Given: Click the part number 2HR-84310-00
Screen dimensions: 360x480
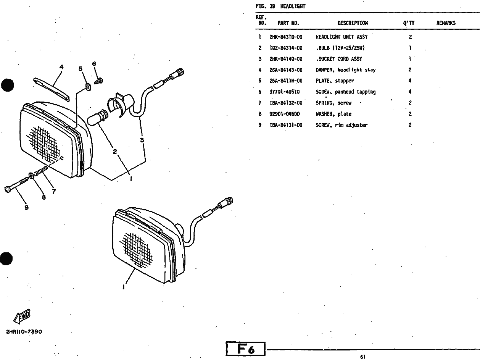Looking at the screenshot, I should [x=286, y=37].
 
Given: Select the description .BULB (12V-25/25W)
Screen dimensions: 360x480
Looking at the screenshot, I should [x=340, y=48].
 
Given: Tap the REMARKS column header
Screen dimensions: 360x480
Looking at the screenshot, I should [x=446, y=23].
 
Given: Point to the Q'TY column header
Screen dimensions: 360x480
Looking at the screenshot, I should [x=409, y=23].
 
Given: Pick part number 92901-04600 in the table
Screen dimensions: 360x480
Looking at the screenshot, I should [x=284, y=114].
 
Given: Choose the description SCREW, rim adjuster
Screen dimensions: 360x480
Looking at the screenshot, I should [x=341, y=125].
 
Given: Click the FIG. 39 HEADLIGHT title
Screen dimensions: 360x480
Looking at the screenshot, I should [x=280, y=6].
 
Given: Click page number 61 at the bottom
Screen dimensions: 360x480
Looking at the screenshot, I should [x=362, y=357].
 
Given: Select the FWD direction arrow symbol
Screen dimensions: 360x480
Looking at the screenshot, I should [x=23, y=316].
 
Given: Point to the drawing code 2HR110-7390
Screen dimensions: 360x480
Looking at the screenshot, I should [x=24, y=331].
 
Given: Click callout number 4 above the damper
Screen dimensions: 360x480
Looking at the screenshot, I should [x=61, y=67].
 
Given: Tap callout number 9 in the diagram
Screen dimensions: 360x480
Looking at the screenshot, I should [x=26, y=208].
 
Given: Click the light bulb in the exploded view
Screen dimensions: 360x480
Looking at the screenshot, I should [x=97, y=117].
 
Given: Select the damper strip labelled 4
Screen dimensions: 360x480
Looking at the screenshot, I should [x=52, y=89].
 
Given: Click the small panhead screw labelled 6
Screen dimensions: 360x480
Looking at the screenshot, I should [x=99, y=81].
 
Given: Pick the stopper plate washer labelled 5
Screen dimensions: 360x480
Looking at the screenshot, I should [x=88, y=87].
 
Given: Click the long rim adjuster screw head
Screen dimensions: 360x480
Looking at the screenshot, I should [x=9, y=189].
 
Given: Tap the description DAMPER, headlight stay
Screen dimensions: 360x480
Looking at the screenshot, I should [x=345, y=70].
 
